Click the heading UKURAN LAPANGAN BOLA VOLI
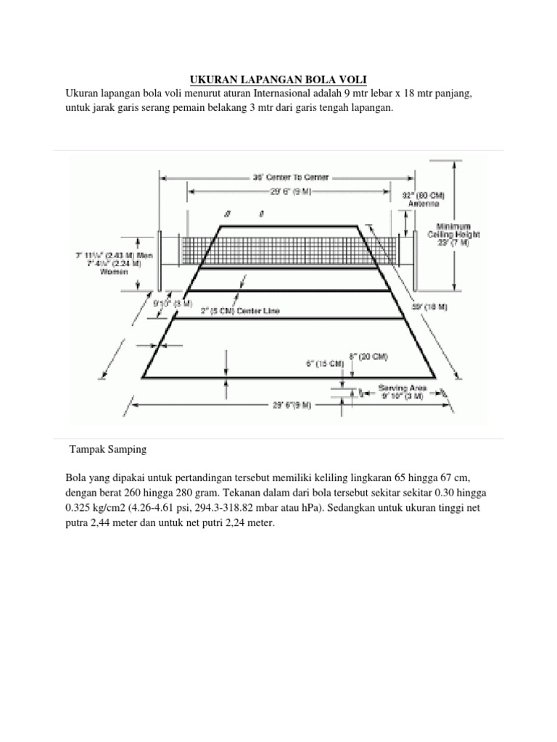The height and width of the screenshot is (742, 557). click(x=278, y=78)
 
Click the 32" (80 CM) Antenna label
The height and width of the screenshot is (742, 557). click(x=423, y=199)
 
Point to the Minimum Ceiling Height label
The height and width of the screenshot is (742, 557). click(x=453, y=235)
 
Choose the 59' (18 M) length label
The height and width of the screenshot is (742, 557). click(x=429, y=307)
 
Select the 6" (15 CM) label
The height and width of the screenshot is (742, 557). click(x=324, y=364)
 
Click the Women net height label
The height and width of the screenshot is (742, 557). click(x=114, y=272)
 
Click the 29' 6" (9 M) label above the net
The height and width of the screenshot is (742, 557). click(x=289, y=192)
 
